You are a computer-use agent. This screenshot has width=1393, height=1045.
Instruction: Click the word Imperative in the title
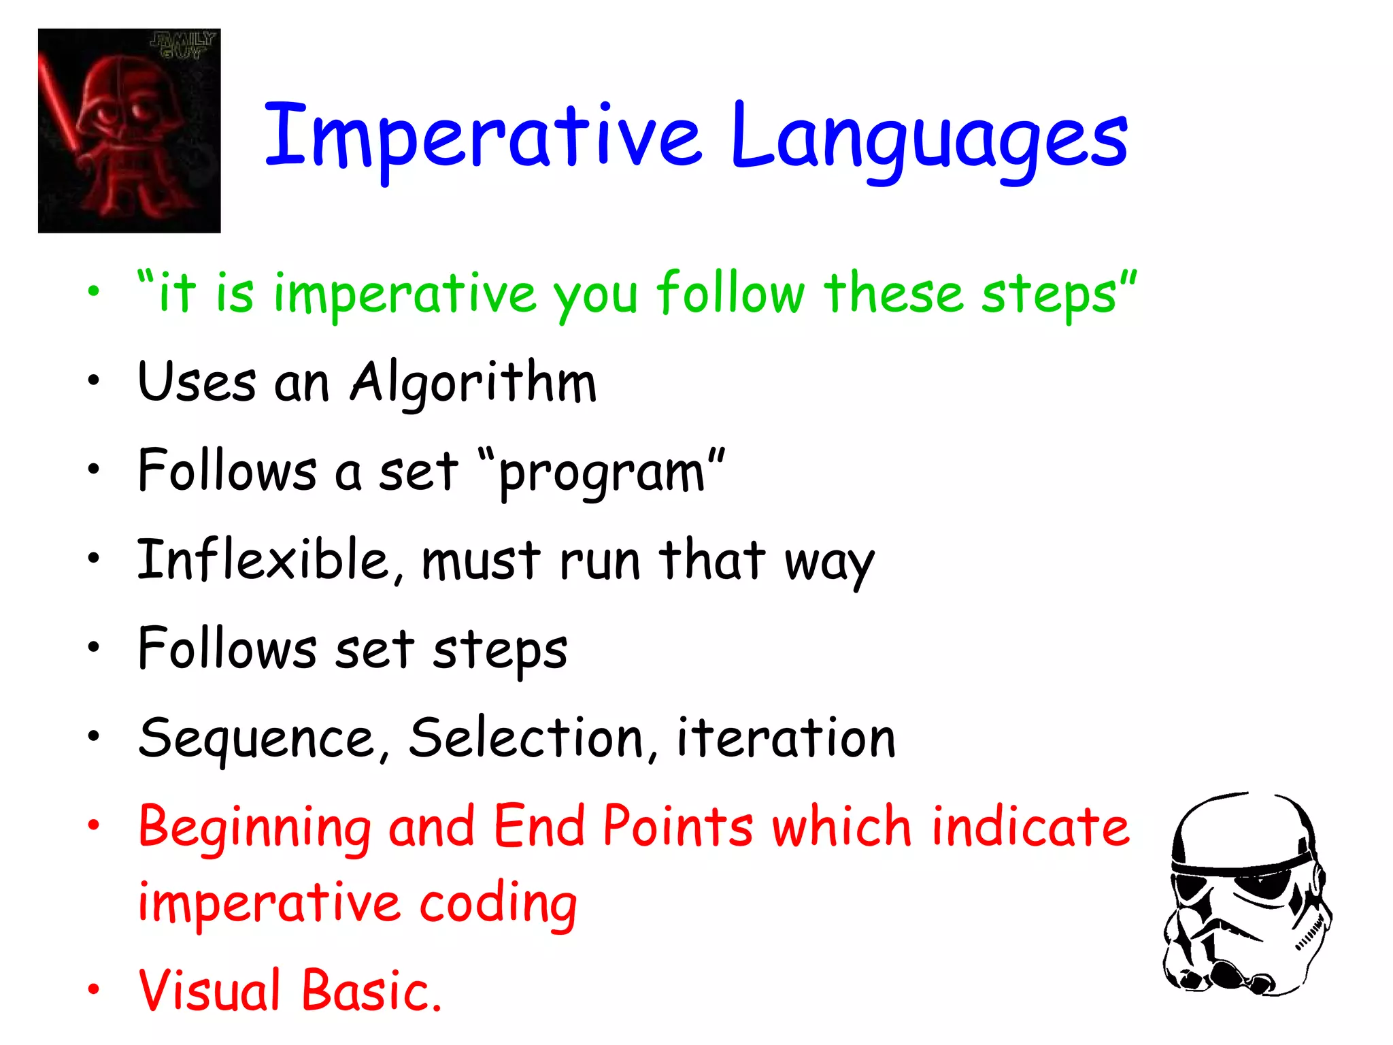click(482, 136)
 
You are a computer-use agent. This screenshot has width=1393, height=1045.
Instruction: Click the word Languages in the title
click(928, 139)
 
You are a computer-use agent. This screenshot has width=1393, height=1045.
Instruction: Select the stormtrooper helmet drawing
click(1246, 895)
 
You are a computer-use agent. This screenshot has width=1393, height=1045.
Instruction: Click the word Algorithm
click(473, 382)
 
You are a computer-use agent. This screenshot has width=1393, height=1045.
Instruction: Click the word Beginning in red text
click(254, 828)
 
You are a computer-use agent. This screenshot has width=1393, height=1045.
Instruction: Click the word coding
click(497, 905)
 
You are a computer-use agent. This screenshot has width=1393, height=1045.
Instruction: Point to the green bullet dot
click(93, 292)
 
